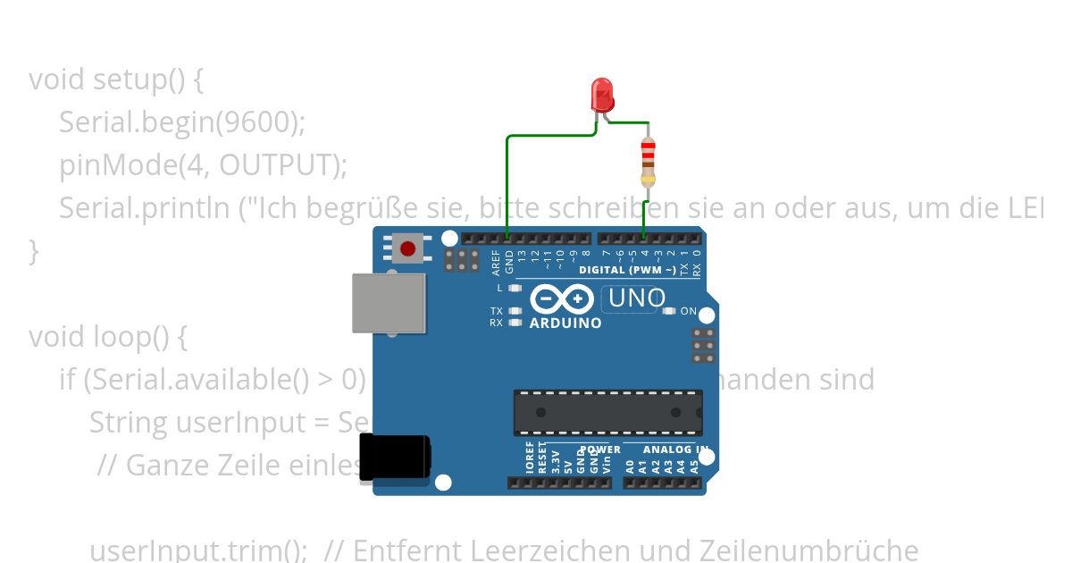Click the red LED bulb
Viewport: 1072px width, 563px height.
[602, 93]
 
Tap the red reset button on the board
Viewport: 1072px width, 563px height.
[408, 248]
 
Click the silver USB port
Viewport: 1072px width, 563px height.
[389, 303]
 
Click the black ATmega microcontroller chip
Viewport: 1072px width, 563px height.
[607, 412]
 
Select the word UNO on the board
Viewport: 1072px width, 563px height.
[636, 298]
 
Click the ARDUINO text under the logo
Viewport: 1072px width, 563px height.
[565, 324]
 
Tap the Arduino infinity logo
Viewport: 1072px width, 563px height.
[562, 298]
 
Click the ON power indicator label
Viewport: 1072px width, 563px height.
[689, 311]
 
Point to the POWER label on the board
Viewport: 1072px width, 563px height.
[599, 450]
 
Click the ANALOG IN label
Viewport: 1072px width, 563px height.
[676, 450]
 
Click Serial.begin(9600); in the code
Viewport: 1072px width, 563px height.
[182, 122]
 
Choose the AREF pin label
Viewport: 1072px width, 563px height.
[497, 261]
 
